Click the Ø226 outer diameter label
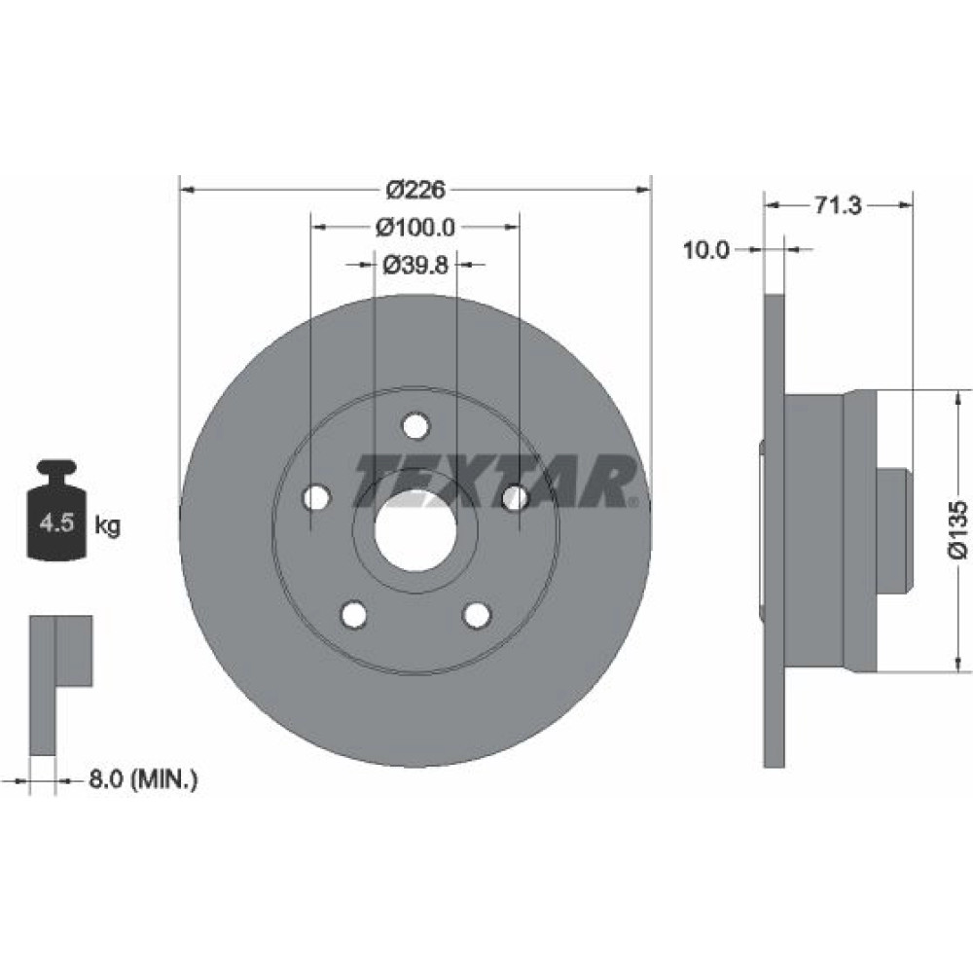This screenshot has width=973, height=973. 415,190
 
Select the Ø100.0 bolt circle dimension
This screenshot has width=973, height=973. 415,227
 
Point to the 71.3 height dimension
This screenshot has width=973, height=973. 837,204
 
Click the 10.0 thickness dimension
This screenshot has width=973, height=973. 706,250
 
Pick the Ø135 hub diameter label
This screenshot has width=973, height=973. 957,530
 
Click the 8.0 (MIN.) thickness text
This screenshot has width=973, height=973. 143,778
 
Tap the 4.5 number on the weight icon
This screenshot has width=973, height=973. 56,523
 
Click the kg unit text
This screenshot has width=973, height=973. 107,525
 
